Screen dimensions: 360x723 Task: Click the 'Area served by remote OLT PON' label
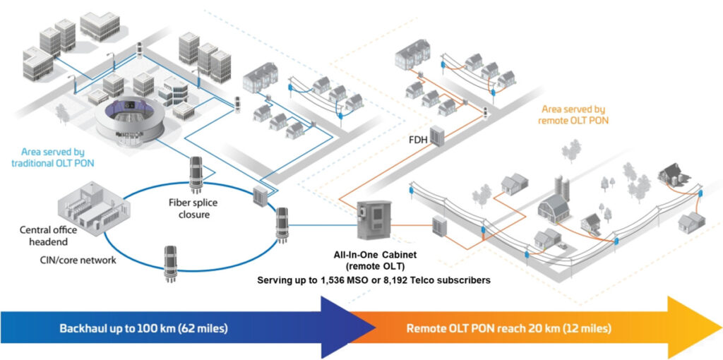[573, 114]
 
